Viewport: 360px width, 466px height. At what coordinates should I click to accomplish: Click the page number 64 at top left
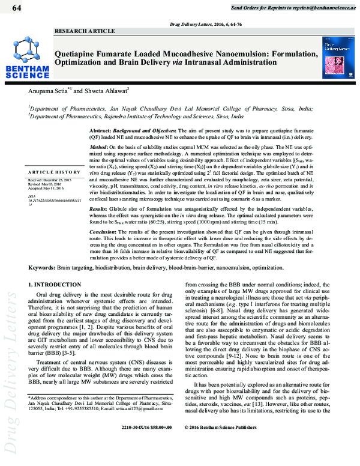point(16,7)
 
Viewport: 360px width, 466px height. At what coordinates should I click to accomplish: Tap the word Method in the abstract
point(98,147)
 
